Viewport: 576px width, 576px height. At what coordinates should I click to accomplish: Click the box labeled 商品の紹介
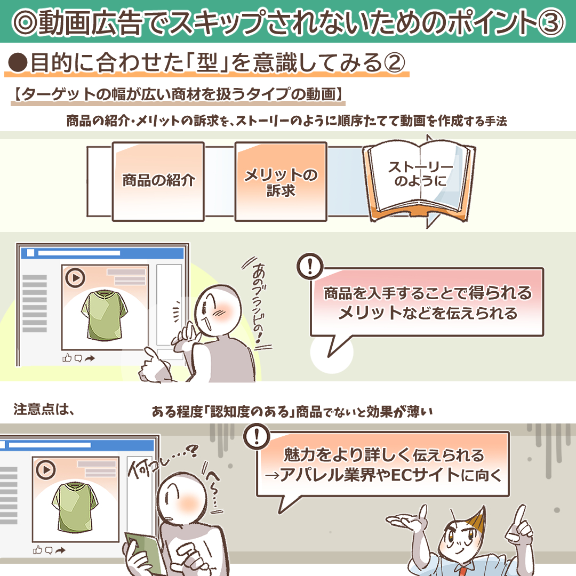158,180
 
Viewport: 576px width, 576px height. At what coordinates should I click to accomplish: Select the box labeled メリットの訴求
281,181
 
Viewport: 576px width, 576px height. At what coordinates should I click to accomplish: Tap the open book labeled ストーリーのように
420,181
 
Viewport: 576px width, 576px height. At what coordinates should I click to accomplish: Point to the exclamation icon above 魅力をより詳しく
256,436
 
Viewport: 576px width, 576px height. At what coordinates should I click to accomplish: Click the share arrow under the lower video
60,549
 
